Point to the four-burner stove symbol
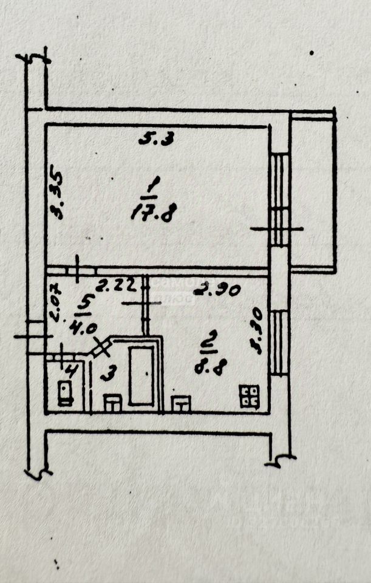pyautogui.click(x=249, y=396)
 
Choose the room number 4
pyautogui.click(x=72, y=369)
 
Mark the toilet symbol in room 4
pyautogui.click(x=64, y=393)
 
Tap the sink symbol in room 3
pyautogui.click(x=113, y=402)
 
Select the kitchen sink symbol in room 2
pyautogui.click(x=181, y=403)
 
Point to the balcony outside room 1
pyautogui.click(x=312, y=191)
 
